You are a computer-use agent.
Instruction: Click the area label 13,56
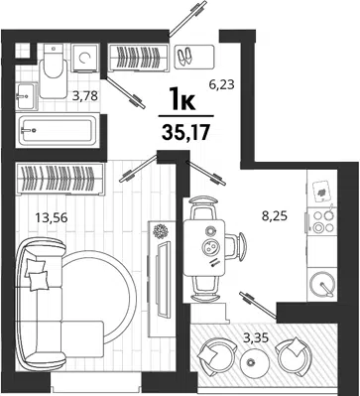[52, 218]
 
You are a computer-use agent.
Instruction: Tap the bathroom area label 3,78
[85, 96]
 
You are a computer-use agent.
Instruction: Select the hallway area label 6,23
[221, 85]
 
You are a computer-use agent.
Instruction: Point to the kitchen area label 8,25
[274, 216]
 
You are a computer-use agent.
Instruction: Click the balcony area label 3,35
[255, 338]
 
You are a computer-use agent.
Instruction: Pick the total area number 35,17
[186, 133]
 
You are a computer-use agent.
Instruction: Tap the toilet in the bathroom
[54, 70]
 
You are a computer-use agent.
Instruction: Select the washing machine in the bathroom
[85, 58]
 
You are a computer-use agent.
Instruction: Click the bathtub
[58, 130]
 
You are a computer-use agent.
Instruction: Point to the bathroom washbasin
[26, 96]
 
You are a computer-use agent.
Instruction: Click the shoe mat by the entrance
[194, 57]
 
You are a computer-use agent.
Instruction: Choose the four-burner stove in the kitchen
[322, 221]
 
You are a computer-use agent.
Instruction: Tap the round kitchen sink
[322, 284]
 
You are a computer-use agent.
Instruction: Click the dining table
[204, 248]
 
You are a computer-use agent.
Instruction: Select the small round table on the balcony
[255, 362]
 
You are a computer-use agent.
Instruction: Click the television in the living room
[164, 279]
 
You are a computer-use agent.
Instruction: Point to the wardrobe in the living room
[60, 179]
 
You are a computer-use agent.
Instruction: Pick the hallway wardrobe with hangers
[139, 58]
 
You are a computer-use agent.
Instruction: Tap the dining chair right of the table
[236, 247]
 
